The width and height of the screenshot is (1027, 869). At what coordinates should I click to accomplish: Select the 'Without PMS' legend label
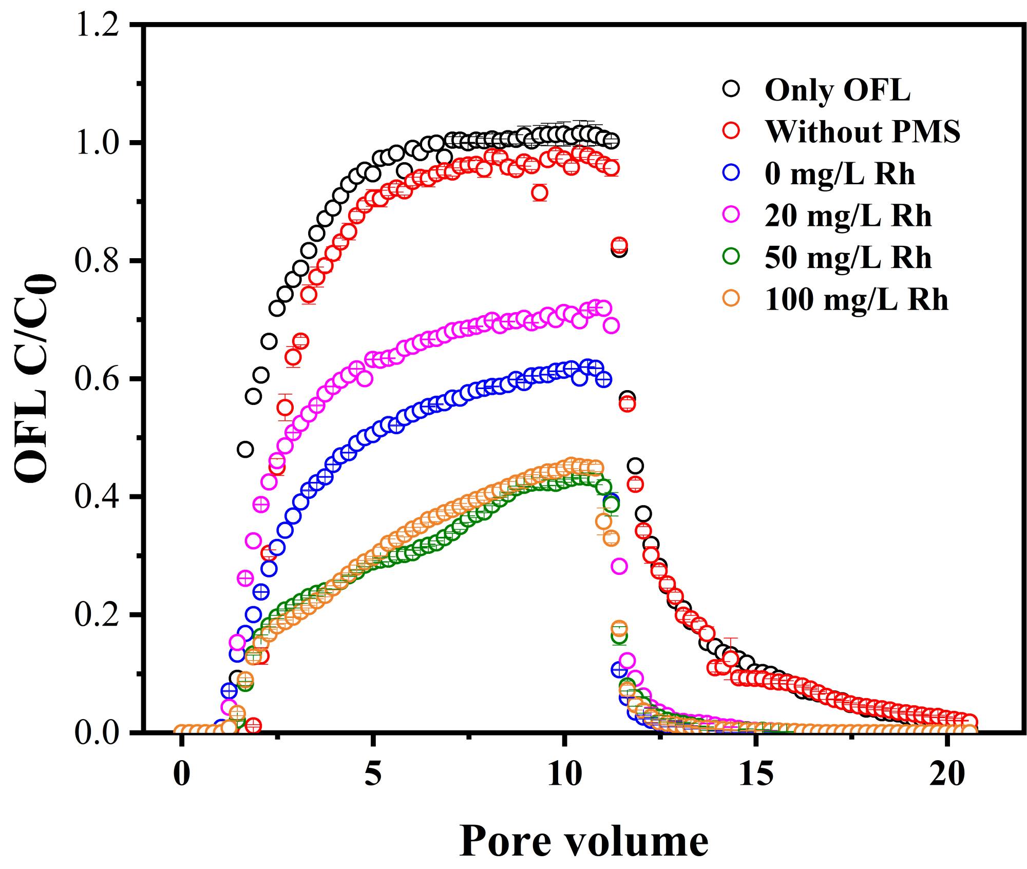(x=863, y=132)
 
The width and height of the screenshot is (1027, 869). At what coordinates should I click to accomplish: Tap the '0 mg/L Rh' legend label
(x=840, y=174)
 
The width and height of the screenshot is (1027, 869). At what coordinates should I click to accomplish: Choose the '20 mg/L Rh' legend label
(x=848, y=216)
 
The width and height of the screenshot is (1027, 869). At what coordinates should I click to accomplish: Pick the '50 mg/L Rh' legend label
(x=848, y=258)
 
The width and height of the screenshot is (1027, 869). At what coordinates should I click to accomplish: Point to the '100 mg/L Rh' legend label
(x=857, y=300)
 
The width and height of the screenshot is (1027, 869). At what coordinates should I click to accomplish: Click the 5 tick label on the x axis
(x=373, y=774)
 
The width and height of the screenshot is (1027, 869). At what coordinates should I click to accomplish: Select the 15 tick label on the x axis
(x=756, y=774)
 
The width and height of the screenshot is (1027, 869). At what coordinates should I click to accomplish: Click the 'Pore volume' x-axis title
(x=583, y=841)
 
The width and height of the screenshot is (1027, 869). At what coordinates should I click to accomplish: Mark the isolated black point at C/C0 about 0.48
(x=245, y=449)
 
